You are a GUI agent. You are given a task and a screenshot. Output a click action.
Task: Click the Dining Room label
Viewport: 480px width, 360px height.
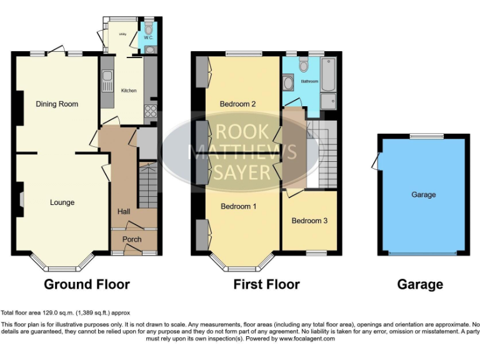pos(57,104)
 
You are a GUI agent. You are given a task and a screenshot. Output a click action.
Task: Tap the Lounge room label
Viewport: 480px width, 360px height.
pos(62,202)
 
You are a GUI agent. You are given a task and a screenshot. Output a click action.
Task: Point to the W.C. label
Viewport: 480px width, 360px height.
pos(148,37)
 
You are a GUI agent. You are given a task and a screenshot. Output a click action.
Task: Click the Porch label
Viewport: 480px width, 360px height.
pos(132,239)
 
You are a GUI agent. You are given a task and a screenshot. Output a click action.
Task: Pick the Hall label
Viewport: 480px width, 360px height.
pos(124,212)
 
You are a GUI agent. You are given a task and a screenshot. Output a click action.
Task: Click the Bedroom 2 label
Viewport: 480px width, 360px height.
pos(238,104)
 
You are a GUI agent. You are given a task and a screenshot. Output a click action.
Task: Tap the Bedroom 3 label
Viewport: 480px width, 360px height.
pos(309,221)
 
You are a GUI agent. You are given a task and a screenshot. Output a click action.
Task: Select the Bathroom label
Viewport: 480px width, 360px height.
pos(309,81)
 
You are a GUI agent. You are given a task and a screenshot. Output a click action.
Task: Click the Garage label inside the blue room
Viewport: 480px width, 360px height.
pos(423,195)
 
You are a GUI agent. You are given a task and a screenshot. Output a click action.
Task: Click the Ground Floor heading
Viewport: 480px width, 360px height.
pos(87,285)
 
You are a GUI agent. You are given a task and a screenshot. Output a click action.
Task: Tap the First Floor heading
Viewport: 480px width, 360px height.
pos(266,285)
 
